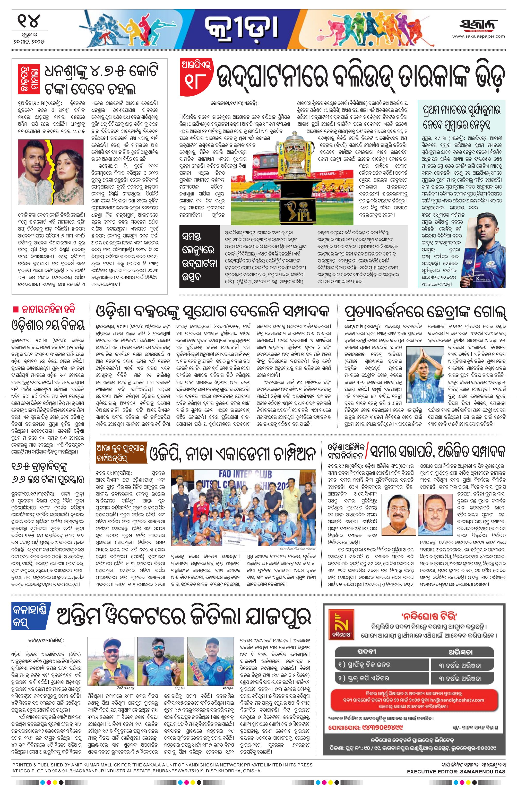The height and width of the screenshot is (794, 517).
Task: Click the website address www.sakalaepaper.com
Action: pyautogui.click(x=479, y=36)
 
